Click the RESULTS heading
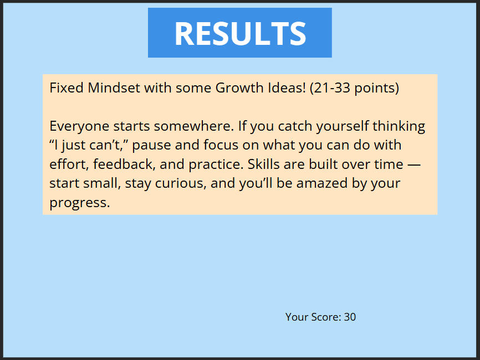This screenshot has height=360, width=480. (x=240, y=33)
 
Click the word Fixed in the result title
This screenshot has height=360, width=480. (x=67, y=88)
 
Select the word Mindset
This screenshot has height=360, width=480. (x=114, y=88)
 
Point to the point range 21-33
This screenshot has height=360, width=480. (x=332, y=88)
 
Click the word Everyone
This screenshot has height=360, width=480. (x=79, y=126)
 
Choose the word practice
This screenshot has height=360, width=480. (x=216, y=164)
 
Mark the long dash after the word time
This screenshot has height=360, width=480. (x=414, y=165)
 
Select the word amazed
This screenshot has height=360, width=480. (x=321, y=183)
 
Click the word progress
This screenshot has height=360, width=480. (x=80, y=203)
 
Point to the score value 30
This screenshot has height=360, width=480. (x=350, y=317)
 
